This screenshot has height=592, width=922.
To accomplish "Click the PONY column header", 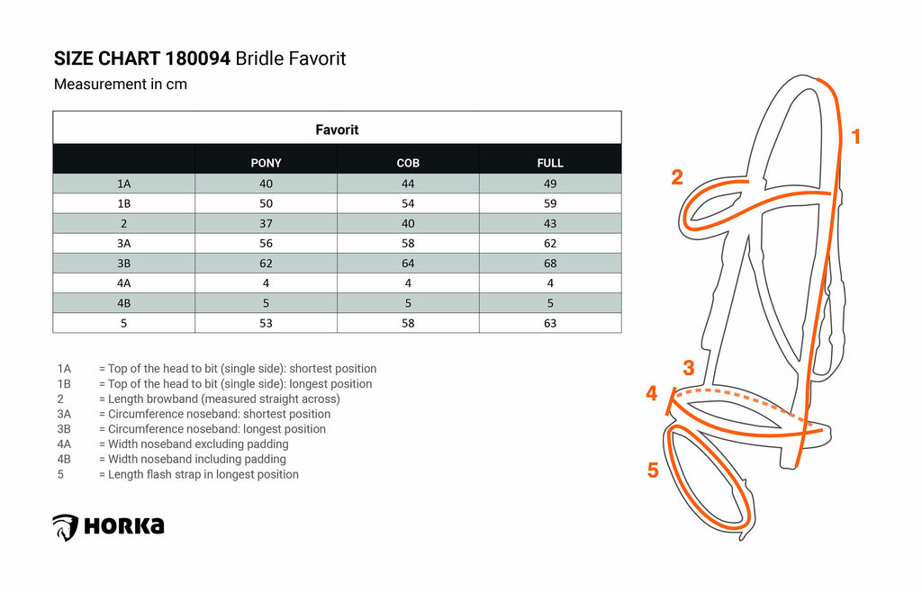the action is (266, 163).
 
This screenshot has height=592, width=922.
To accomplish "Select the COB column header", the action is (408, 163).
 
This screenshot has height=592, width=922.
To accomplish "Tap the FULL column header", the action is (550, 163).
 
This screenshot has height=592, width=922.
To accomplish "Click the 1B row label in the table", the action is (123, 204).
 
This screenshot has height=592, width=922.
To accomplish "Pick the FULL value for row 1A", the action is (550, 184).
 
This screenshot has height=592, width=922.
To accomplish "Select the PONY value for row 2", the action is (266, 224).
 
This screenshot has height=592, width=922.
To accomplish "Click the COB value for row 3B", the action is (408, 264).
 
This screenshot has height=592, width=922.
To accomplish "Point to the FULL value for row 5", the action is (550, 324).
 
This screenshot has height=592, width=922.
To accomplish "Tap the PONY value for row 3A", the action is (266, 244).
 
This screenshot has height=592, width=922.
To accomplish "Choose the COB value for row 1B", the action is (408, 204).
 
